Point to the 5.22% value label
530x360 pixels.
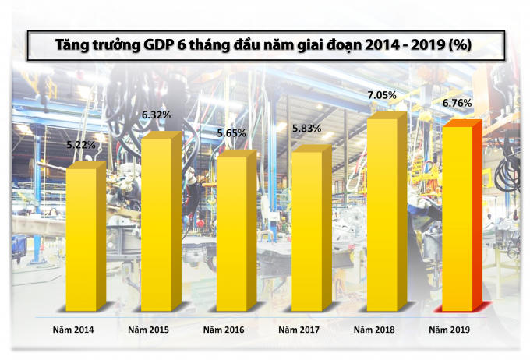(x=81, y=144)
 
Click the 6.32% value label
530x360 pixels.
(x=156, y=115)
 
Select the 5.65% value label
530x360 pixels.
(x=231, y=133)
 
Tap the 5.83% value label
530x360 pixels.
(x=306, y=129)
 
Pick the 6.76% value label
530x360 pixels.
(x=457, y=103)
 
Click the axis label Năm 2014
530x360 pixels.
(x=75, y=330)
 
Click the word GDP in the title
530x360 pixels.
(x=161, y=46)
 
